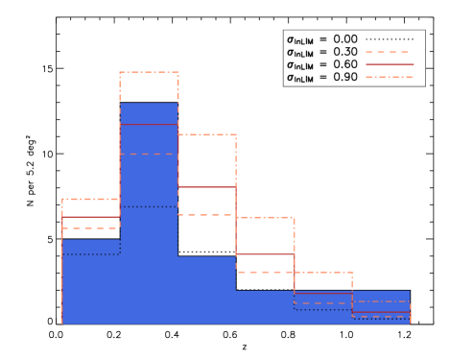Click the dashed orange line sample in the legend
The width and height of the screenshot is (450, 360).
[x=389, y=52]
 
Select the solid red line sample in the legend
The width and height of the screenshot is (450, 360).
[x=389, y=64]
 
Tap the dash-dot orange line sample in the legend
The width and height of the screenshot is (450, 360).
[x=389, y=77]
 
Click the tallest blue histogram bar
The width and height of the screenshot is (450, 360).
[x=149, y=240]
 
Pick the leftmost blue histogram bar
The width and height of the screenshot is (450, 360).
[x=91, y=288]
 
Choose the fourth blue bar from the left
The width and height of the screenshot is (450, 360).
[x=265, y=307]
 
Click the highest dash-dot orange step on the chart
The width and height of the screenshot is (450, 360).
[x=149, y=72]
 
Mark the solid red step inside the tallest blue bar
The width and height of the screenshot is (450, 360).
[x=149, y=124]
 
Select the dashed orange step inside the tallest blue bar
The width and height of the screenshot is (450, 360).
[x=149, y=154]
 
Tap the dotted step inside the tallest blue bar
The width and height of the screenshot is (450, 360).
[x=149, y=206]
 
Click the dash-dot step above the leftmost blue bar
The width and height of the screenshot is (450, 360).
[x=91, y=199]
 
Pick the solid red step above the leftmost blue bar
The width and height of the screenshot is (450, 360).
[x=91, y=217]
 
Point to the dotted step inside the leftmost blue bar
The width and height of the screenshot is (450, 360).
[x=91, y=254]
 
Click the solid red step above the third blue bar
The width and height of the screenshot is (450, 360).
[x=206, y=187]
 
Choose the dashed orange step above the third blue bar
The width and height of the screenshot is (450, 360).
[x=206, y=215]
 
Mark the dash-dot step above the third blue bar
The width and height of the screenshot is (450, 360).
[x=206, y=134]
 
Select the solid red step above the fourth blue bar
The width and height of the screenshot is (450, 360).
[x=265, y=253]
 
